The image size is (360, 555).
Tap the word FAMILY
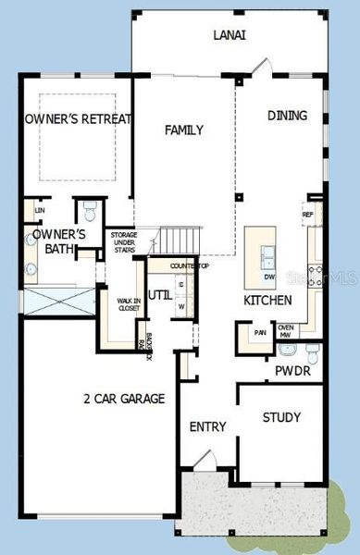(x=183, y=130)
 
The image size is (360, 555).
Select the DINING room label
(x=287, y=116)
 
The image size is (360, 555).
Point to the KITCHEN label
(x=267, y=301)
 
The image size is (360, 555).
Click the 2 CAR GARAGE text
(x=123, y=400)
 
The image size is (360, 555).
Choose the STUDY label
(x=281, y=417)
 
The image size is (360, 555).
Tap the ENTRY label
(x=207, y=426)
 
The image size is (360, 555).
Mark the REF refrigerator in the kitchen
(x=308, y=215)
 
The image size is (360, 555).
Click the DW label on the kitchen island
(x=269, y=276)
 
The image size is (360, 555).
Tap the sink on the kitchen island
(x=268, y=254)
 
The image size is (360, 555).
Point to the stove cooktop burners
(x=314, y=272)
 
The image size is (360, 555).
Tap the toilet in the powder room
(x=311, y=352)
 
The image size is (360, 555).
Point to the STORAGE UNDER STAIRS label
(x=124, y=242)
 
